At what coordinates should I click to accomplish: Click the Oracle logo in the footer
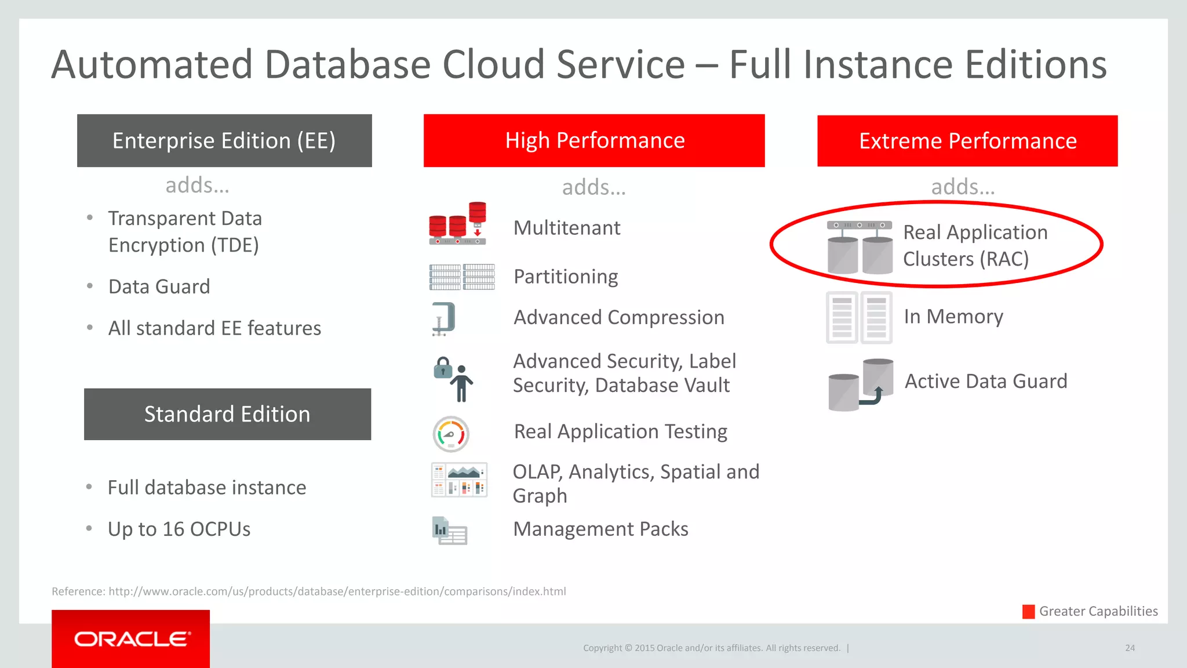[x=131, y=639]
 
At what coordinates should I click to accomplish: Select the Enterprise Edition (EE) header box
[x=224, y=141]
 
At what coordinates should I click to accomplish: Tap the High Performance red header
[x=594, y=141]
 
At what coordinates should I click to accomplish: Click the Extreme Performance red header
[x=967, y=141]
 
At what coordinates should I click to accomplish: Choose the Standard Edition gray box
[x=227, y=414]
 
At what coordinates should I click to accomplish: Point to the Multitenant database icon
[x=458, y=224]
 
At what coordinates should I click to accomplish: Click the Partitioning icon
[x=462, y=277]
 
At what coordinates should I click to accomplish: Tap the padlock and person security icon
[x=454, y=379]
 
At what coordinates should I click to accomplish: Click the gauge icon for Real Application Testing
[x=451, y=434]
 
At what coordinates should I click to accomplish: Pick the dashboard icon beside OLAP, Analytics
[x=459, y=480]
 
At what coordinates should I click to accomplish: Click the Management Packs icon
[x=450, y=531]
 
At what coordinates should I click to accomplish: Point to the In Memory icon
[x=859, y=317]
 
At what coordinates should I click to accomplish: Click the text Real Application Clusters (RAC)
[x=975, y=245]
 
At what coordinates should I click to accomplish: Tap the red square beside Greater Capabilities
[x=1028, y=612]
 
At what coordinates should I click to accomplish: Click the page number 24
[x=1130, y=648]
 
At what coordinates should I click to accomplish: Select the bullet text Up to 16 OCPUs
[x=179, y=529]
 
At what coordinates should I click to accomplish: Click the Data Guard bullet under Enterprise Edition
[x=159, y=287]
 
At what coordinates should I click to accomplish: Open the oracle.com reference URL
[x=337, y=591]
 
